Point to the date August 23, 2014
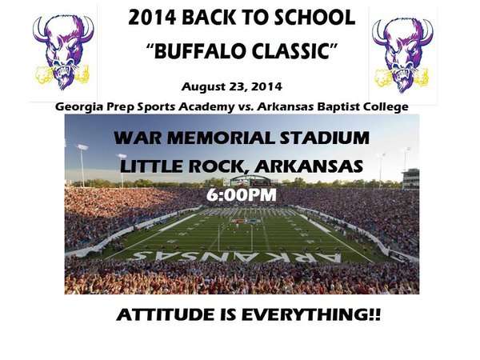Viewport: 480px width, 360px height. coord(232,85)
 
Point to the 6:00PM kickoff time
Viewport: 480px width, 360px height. coord(241,194)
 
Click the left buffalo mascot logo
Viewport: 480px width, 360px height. coord(62,51)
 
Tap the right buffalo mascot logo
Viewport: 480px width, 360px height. coord(403,53)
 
